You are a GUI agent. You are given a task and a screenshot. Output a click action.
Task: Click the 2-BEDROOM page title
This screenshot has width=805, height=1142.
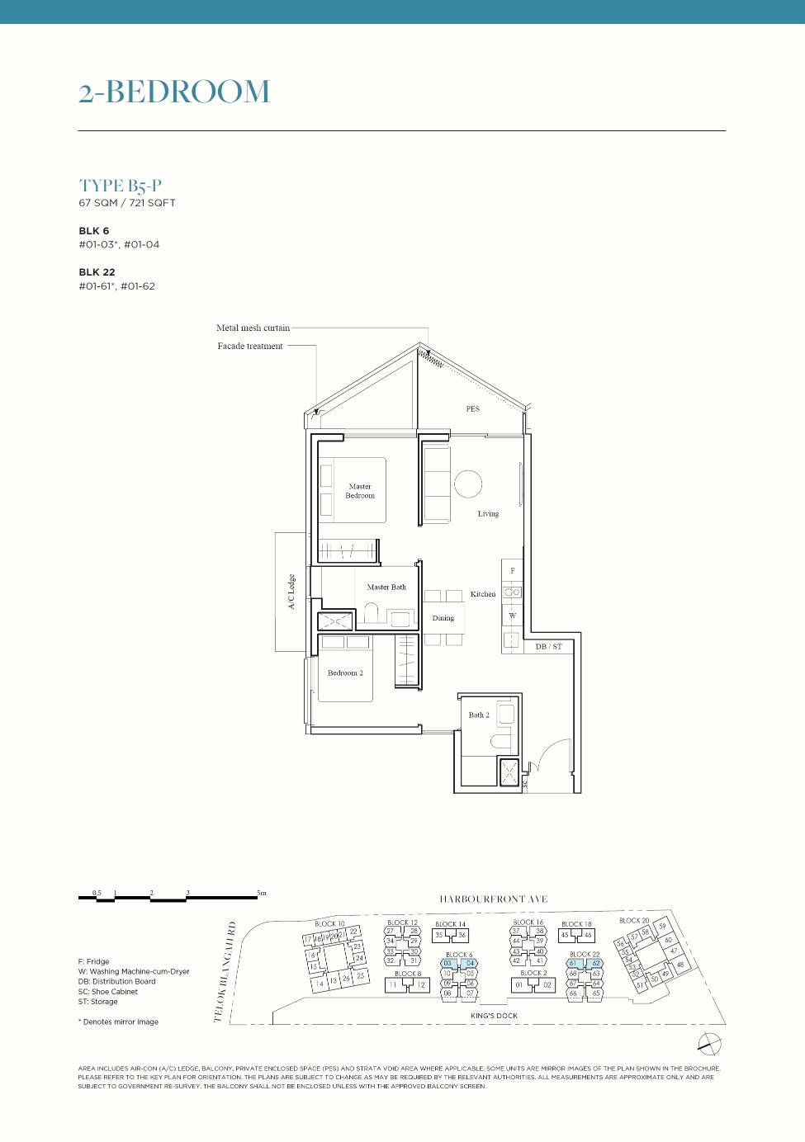pos(174,92)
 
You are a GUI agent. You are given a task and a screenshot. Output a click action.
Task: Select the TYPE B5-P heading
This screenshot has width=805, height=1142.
pos(121,186)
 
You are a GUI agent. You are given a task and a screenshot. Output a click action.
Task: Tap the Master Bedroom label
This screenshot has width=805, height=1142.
pos(360,491)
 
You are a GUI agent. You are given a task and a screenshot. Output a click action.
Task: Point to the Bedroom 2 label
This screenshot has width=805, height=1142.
pos(345,673)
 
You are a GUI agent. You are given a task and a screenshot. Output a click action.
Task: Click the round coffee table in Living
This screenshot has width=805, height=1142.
pos(468,484)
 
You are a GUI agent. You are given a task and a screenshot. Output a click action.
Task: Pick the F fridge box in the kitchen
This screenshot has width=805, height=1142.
pos(512,571)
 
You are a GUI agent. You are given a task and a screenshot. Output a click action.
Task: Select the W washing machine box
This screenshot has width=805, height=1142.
pos(512,616)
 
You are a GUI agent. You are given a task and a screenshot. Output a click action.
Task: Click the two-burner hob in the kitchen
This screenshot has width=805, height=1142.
pos(512,592)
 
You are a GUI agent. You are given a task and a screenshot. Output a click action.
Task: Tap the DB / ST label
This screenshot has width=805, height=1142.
pos(548,647)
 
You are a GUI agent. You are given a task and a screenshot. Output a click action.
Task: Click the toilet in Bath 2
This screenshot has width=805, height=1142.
pos(501,739)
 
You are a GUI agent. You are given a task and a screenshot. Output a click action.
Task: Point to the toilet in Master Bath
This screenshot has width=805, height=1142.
pos(372,612)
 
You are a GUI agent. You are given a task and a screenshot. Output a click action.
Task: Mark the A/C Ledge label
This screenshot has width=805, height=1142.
pos(291,592)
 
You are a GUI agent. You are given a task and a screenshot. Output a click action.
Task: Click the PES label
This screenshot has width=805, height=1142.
pos(472,408)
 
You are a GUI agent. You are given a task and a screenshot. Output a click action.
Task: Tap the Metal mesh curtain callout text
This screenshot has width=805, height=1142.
pos(253,328)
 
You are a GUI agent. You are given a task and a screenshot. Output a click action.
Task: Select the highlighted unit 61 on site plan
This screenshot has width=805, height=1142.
pos(573,963)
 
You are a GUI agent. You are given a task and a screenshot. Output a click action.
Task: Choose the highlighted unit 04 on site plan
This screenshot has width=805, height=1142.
pos(470,963)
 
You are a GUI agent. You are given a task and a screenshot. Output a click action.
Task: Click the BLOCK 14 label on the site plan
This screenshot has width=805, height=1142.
pos(450,924)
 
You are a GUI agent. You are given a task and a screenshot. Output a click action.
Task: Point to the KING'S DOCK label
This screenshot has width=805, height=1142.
pos(494,1016)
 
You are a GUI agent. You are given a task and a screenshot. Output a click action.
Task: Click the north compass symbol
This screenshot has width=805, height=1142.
pos(709,1044)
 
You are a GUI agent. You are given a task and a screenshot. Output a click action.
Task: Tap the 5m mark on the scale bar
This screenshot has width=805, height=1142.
pos(261,893)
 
